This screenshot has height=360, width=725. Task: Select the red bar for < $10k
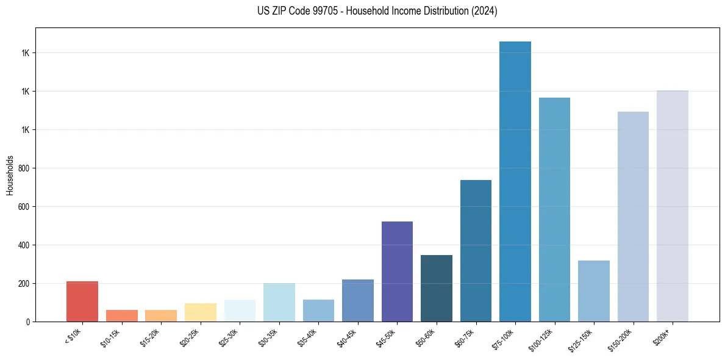[82, 301]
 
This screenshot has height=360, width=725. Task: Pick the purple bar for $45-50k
[397, 272]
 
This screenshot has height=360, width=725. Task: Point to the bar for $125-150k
[594, 291]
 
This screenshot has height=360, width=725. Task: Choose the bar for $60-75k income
[476, 251]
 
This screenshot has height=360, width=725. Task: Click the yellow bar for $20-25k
[201, 312]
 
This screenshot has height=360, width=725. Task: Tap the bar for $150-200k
[633, 217]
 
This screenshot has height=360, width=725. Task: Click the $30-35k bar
[279, 302]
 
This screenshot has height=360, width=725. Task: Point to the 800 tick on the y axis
[24, 168]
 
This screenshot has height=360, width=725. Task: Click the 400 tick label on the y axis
[24, 245]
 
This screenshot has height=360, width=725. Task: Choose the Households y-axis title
[10, 175]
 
